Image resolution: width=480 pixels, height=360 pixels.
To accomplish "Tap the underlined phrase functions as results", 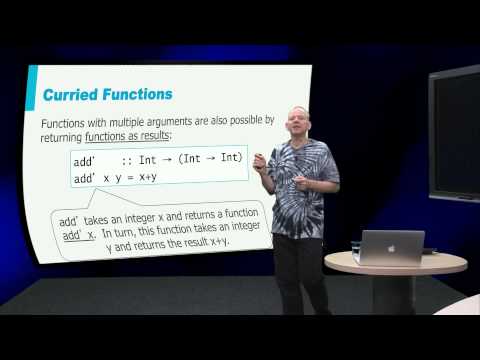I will (137, 135).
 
